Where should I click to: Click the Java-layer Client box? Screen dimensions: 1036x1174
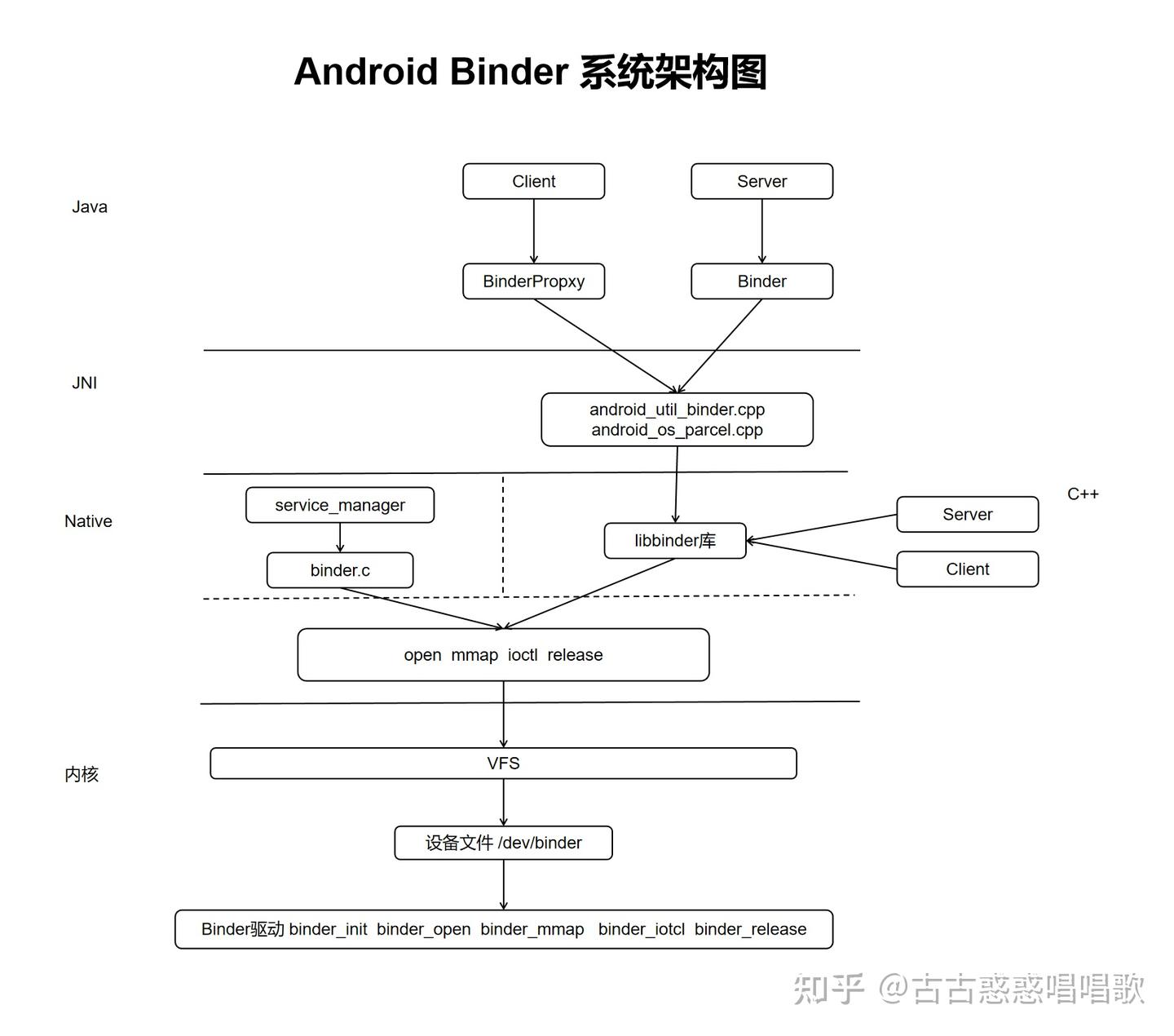point(533,181)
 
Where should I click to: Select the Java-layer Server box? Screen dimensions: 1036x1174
point(761,181)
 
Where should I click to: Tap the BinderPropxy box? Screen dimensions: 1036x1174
point(533,281)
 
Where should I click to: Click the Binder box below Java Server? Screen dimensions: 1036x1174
point(761,281)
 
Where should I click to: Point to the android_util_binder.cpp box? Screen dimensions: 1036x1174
point(677,419)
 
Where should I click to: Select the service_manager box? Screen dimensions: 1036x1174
point(339,505)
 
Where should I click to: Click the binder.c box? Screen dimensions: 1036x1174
point(339,570)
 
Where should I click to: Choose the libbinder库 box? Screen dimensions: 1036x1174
point(674,541)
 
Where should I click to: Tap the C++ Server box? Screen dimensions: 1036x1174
point(967,515)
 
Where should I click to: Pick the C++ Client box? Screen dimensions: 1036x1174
point(967,569)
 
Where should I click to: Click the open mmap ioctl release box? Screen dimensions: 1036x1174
point(503,655)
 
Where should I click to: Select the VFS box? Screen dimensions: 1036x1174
point(503,764)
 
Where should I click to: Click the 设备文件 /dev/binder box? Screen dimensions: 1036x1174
point(503,843)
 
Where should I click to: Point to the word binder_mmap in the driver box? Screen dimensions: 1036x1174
point(532,929)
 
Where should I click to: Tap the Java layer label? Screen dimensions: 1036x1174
point(90,207)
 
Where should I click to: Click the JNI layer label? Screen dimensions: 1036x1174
point(84,383)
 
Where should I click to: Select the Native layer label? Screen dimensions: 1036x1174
point(88,521)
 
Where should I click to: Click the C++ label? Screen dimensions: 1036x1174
point(1083,494)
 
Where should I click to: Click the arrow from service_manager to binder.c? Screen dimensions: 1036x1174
point(340,538)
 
